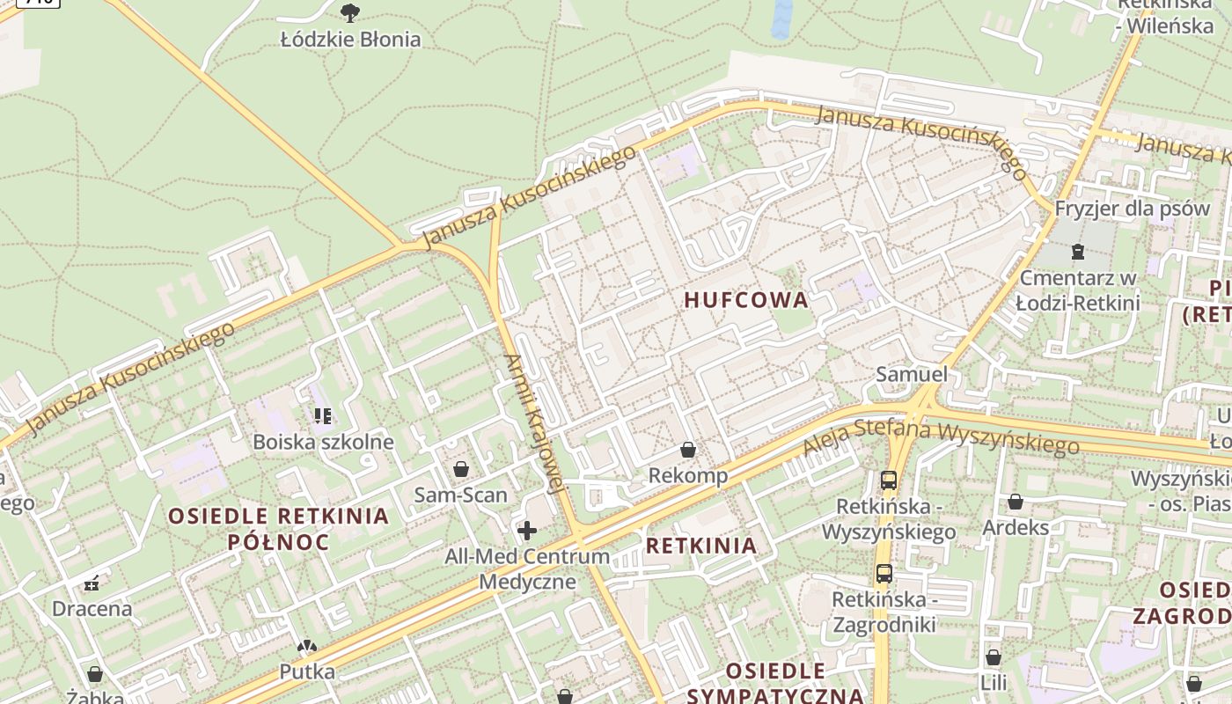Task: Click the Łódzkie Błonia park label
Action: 350,40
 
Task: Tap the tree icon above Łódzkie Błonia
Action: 350,12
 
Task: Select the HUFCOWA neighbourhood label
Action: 746,300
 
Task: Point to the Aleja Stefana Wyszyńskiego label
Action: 940,437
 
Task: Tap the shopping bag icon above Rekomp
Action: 688,451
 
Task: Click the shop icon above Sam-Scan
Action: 460,469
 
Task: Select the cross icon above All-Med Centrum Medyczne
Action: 527,531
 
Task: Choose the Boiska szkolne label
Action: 323,442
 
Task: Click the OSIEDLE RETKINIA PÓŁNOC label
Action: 278,529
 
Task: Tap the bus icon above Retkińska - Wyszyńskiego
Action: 889,480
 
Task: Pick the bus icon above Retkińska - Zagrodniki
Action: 884,574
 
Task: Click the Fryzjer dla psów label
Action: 1133,209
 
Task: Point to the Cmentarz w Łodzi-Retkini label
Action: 1079,290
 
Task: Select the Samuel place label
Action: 912,375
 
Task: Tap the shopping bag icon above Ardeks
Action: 1016,502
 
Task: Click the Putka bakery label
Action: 307,671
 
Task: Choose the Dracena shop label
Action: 92,609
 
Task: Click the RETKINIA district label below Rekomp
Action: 701,546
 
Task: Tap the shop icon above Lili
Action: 994,657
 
